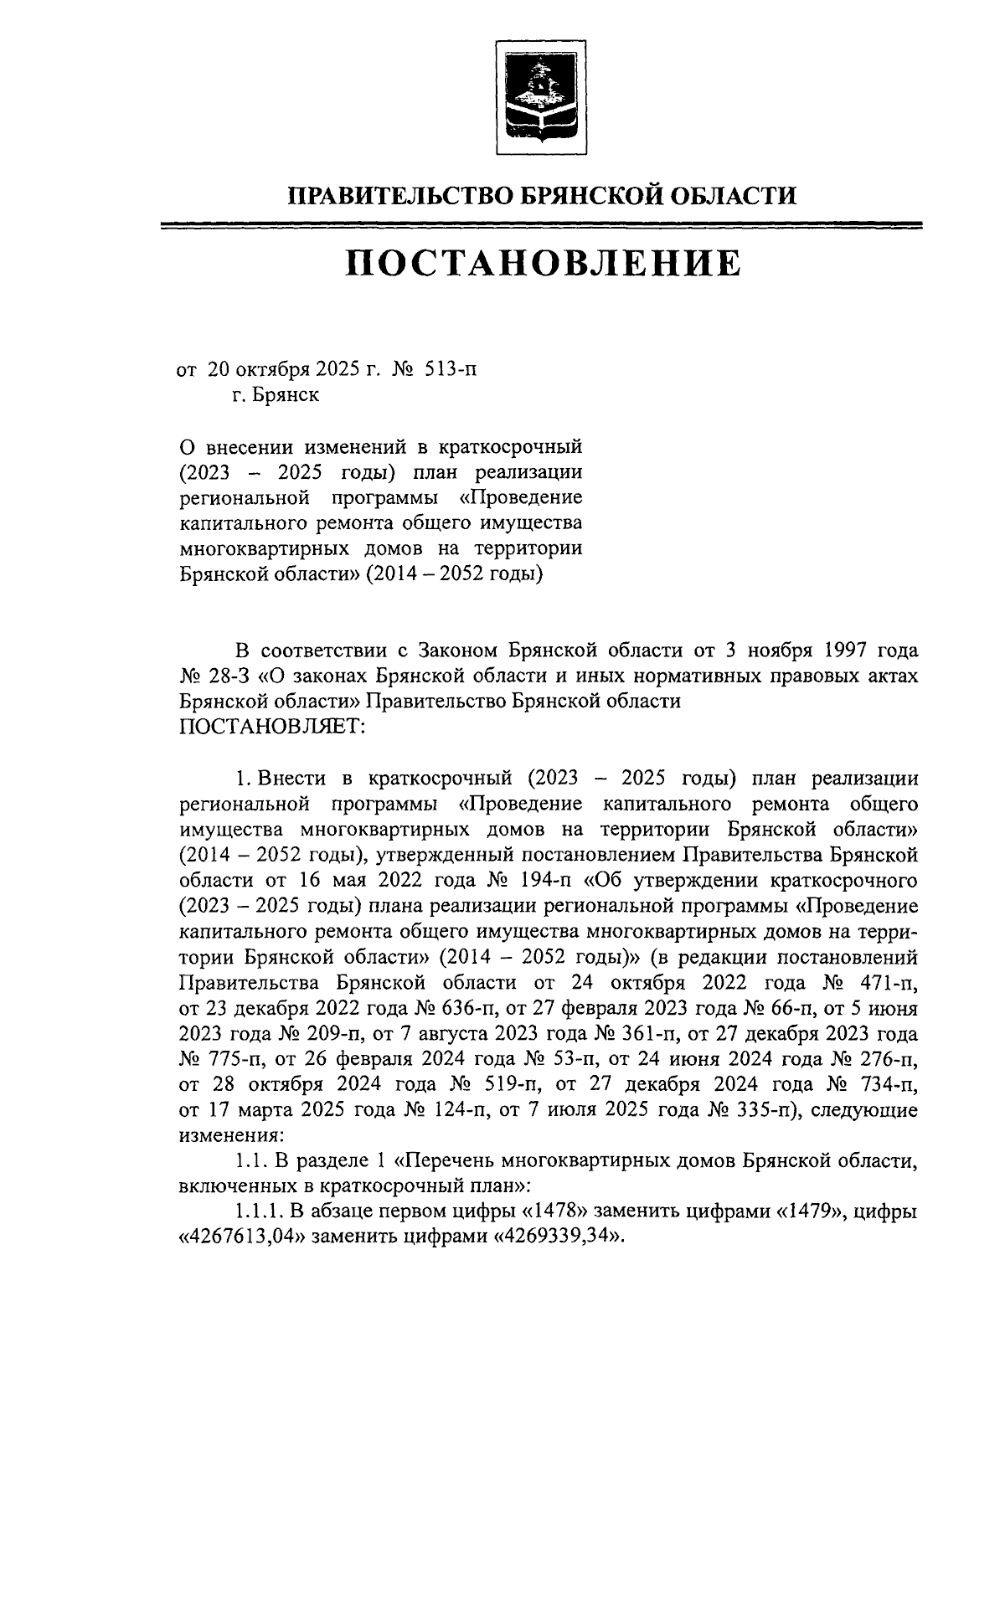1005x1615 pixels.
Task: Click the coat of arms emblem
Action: tap(542, 97)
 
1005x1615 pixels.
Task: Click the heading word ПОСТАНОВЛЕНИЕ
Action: tap(544, 263)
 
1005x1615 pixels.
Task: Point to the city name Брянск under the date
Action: tap(288, 394)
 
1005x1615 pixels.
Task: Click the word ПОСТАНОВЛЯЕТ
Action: tap(273, 727)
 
